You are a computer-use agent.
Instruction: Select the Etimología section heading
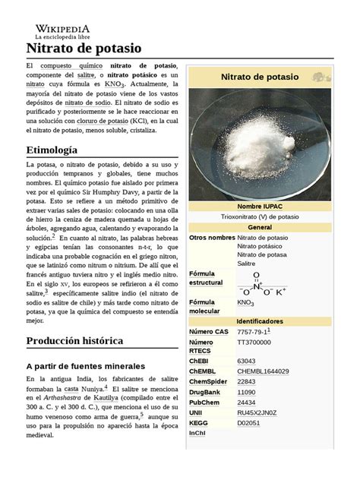pos(52,150)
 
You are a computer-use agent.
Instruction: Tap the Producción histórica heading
pos(74,341)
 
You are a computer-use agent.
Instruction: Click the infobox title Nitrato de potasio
pos(259,77)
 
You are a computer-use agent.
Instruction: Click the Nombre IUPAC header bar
pos(260,207)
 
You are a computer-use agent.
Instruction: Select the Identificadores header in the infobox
pos(260,321)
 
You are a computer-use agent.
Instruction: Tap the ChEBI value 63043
pos(247,362)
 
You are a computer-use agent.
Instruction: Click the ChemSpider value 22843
pos(247,382)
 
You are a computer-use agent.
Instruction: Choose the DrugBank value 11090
pos(247,393)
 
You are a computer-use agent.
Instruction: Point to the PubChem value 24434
pos(247,403)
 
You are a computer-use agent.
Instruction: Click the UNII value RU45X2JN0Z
pos(257,413)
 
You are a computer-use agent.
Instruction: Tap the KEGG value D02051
pos(249,423)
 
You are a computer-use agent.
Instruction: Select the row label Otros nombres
pos(212,238)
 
